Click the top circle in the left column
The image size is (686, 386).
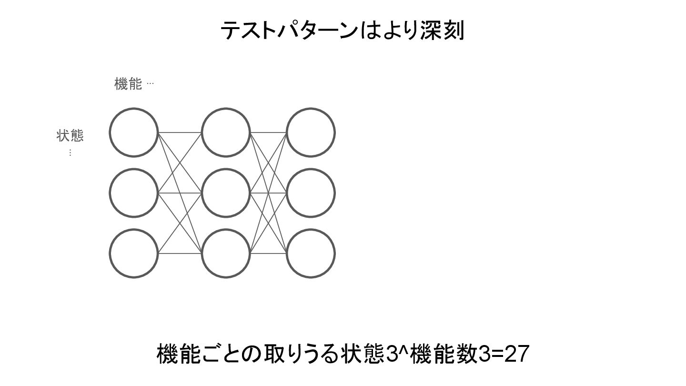(x=133, y=132)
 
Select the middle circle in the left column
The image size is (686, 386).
(x=133, y=193)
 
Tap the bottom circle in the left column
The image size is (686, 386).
(x=133, y=254)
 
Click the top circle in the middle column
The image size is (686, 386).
(x=225, y=132)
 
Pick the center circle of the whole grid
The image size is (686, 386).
(x=225, y=193)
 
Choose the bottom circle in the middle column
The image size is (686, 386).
(x=225, y=254)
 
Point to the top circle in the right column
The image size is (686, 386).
(x=311, y=132)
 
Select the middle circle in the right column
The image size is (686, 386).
(x=311, y=193)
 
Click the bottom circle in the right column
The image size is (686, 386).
(x=311, y=254)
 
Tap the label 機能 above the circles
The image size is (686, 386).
(x=128, y=84)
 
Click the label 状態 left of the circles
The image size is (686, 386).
(x=70, y=136)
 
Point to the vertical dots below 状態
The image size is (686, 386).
(x=70, y=152)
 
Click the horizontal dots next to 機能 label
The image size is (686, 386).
(x=150, y=84)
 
